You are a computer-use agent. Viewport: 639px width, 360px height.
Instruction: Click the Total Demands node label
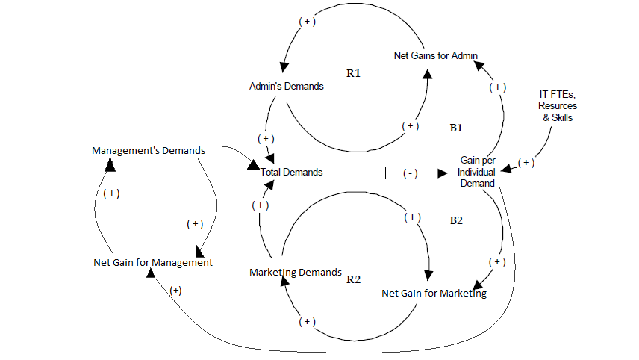291,172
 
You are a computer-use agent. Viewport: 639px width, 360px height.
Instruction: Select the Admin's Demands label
287,86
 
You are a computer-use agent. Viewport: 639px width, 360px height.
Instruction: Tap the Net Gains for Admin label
436,55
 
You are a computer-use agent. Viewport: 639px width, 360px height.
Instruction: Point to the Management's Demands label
149,150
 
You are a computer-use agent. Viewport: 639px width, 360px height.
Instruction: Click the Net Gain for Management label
153,262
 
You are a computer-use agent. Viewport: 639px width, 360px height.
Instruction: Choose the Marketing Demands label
296,272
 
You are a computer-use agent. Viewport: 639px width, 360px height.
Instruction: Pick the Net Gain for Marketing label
434,293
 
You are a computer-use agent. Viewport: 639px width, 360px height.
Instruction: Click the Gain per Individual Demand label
479,172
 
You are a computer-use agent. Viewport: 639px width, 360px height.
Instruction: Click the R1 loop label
354,74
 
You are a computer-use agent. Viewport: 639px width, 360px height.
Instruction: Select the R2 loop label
354,279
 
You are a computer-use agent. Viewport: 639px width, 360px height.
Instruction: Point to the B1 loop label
456,128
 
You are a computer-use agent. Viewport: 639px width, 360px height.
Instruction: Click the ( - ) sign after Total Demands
410,173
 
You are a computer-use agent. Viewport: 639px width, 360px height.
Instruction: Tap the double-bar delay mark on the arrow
384,173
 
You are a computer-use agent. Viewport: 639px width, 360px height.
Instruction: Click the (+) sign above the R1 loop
307,22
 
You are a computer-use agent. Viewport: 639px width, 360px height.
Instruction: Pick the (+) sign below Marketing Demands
306,322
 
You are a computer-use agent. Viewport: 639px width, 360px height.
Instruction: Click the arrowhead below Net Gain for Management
151,273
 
